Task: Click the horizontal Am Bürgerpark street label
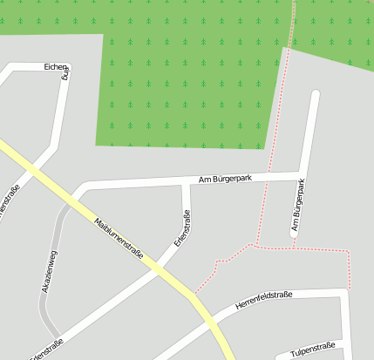pyautogui.click(x=226, y=179)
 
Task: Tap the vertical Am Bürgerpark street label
pyautogui.click(x=299, y=207)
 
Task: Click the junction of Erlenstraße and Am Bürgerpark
pyautogui.click(x=186, y=183)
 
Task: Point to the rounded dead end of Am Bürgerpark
pyautogui.click(x=315, y=94)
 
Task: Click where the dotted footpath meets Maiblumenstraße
pyautogui.click(x=193, y=295)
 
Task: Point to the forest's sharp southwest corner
pyautogui.click(x=97, y=145)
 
